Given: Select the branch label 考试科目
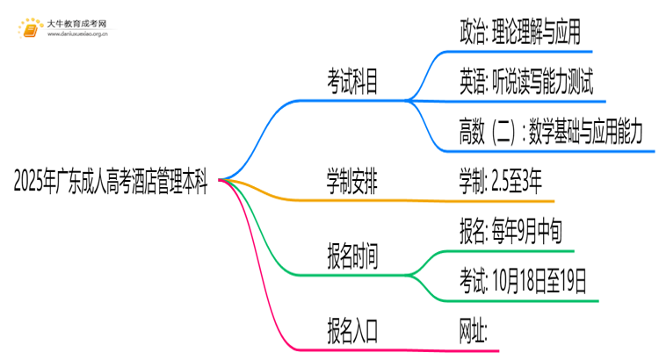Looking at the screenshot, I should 353,84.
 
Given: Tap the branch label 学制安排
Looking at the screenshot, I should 353,184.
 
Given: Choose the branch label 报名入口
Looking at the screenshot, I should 353,331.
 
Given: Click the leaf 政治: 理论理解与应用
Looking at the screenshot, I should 519,34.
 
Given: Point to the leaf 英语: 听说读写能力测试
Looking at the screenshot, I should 525,83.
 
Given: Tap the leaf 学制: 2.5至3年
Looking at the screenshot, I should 500,184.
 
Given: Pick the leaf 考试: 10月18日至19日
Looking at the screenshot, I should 523,281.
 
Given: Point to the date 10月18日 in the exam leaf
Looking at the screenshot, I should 517,281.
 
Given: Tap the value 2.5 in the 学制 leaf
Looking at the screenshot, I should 504,184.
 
